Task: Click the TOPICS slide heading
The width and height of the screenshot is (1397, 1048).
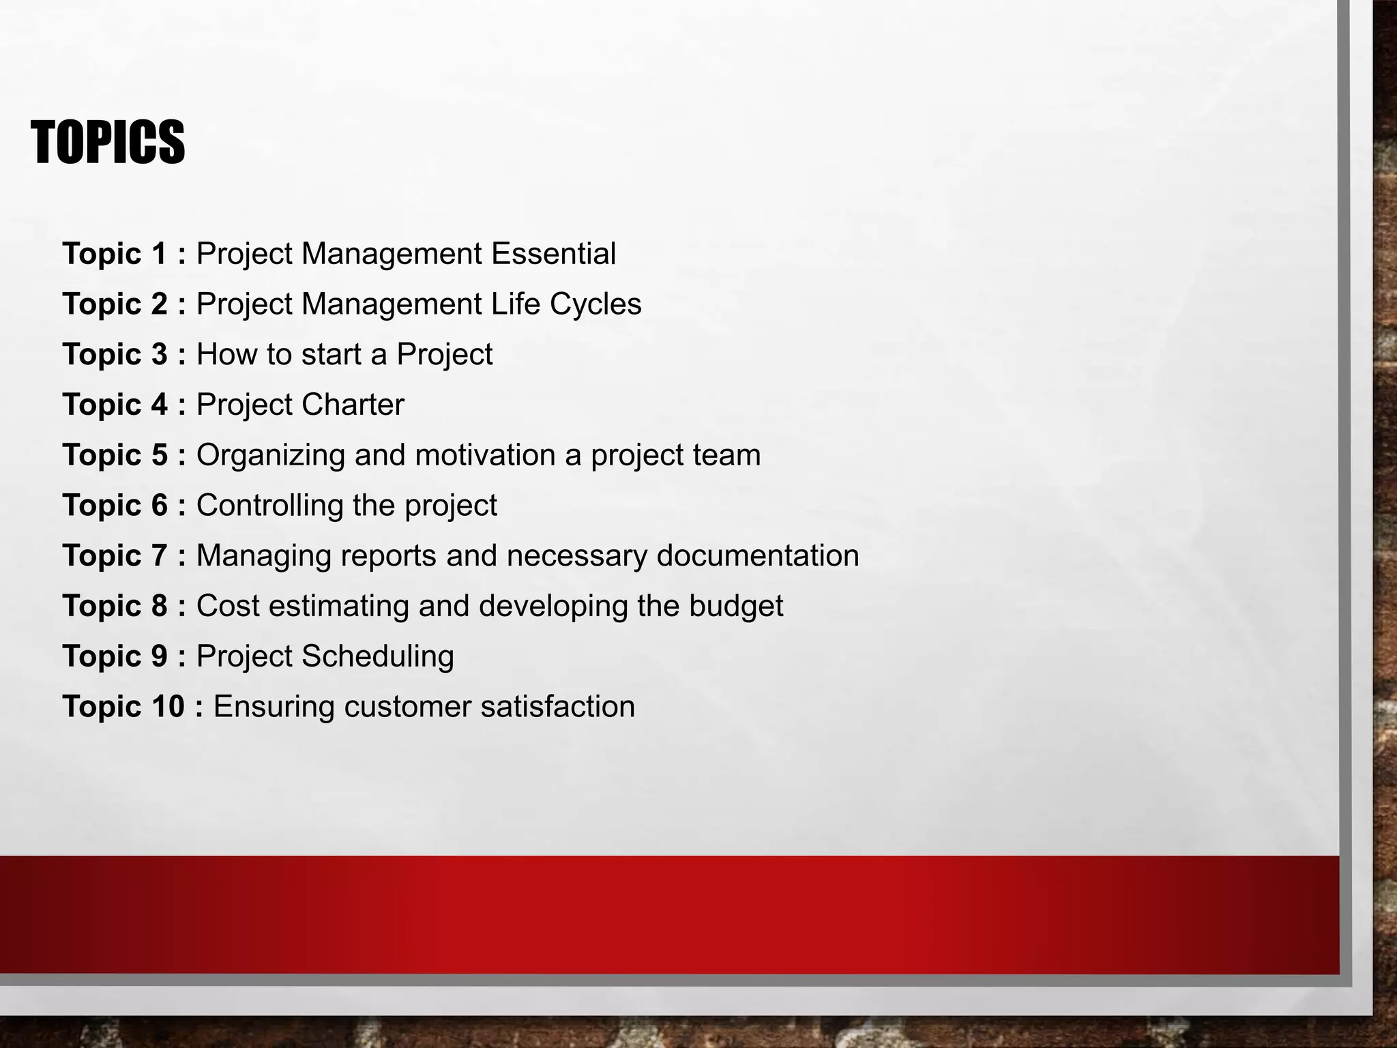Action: pyautogui.click(x=108, y=142)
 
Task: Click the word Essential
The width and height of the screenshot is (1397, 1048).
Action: pyautogui.click(x=553, y=254)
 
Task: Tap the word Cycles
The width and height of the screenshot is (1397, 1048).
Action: pyautogui.click(x=595, y=304)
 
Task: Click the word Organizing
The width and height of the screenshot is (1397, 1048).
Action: pyautogui.click(x=271, y=456)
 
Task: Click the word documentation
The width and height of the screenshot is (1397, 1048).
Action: pyautogui.click(x=758, y=555)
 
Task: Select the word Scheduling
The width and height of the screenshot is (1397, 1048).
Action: pyautogui.click(x=377, y=656)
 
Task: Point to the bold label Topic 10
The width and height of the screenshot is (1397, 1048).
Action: pyautogui.click(x=123, y=706)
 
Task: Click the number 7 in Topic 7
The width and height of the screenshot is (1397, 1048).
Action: pyautogui.click(x=159, y=555)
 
